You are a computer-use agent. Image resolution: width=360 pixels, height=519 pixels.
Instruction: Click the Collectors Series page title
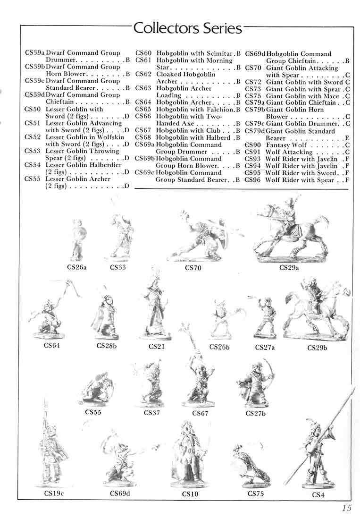[188, 28]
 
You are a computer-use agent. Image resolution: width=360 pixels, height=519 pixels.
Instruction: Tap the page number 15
[347, 508]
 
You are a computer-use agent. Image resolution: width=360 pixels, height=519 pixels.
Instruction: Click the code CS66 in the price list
[143, 116]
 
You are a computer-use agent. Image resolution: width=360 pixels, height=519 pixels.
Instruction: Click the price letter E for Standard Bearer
[347, 138]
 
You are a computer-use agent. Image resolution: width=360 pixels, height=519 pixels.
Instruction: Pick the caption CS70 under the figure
[193, 268]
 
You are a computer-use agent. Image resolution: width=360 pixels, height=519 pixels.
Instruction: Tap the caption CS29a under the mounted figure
[290, 268]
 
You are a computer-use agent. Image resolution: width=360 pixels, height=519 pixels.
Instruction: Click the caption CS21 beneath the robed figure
[157, 347]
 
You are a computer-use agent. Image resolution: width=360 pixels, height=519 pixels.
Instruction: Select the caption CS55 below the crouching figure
[93, 412]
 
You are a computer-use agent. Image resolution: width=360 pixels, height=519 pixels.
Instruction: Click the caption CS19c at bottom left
[54, 494]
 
